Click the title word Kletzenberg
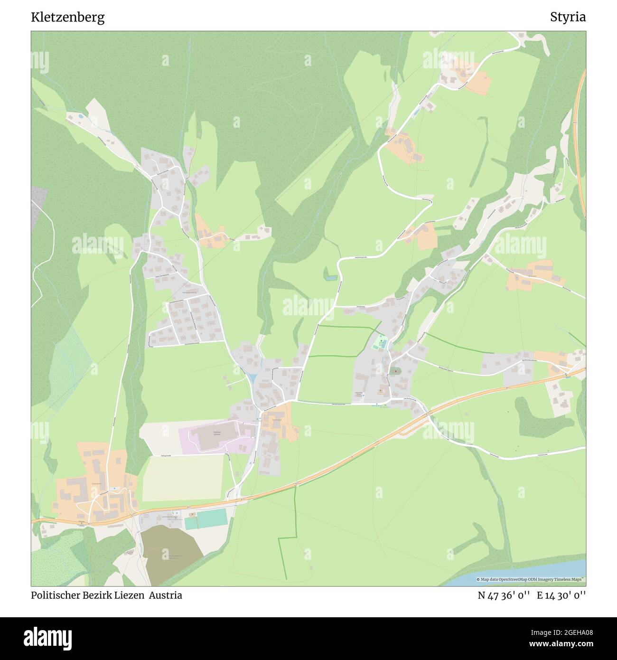68,17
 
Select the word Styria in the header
568,17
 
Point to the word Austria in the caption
166,595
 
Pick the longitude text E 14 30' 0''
561,595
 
